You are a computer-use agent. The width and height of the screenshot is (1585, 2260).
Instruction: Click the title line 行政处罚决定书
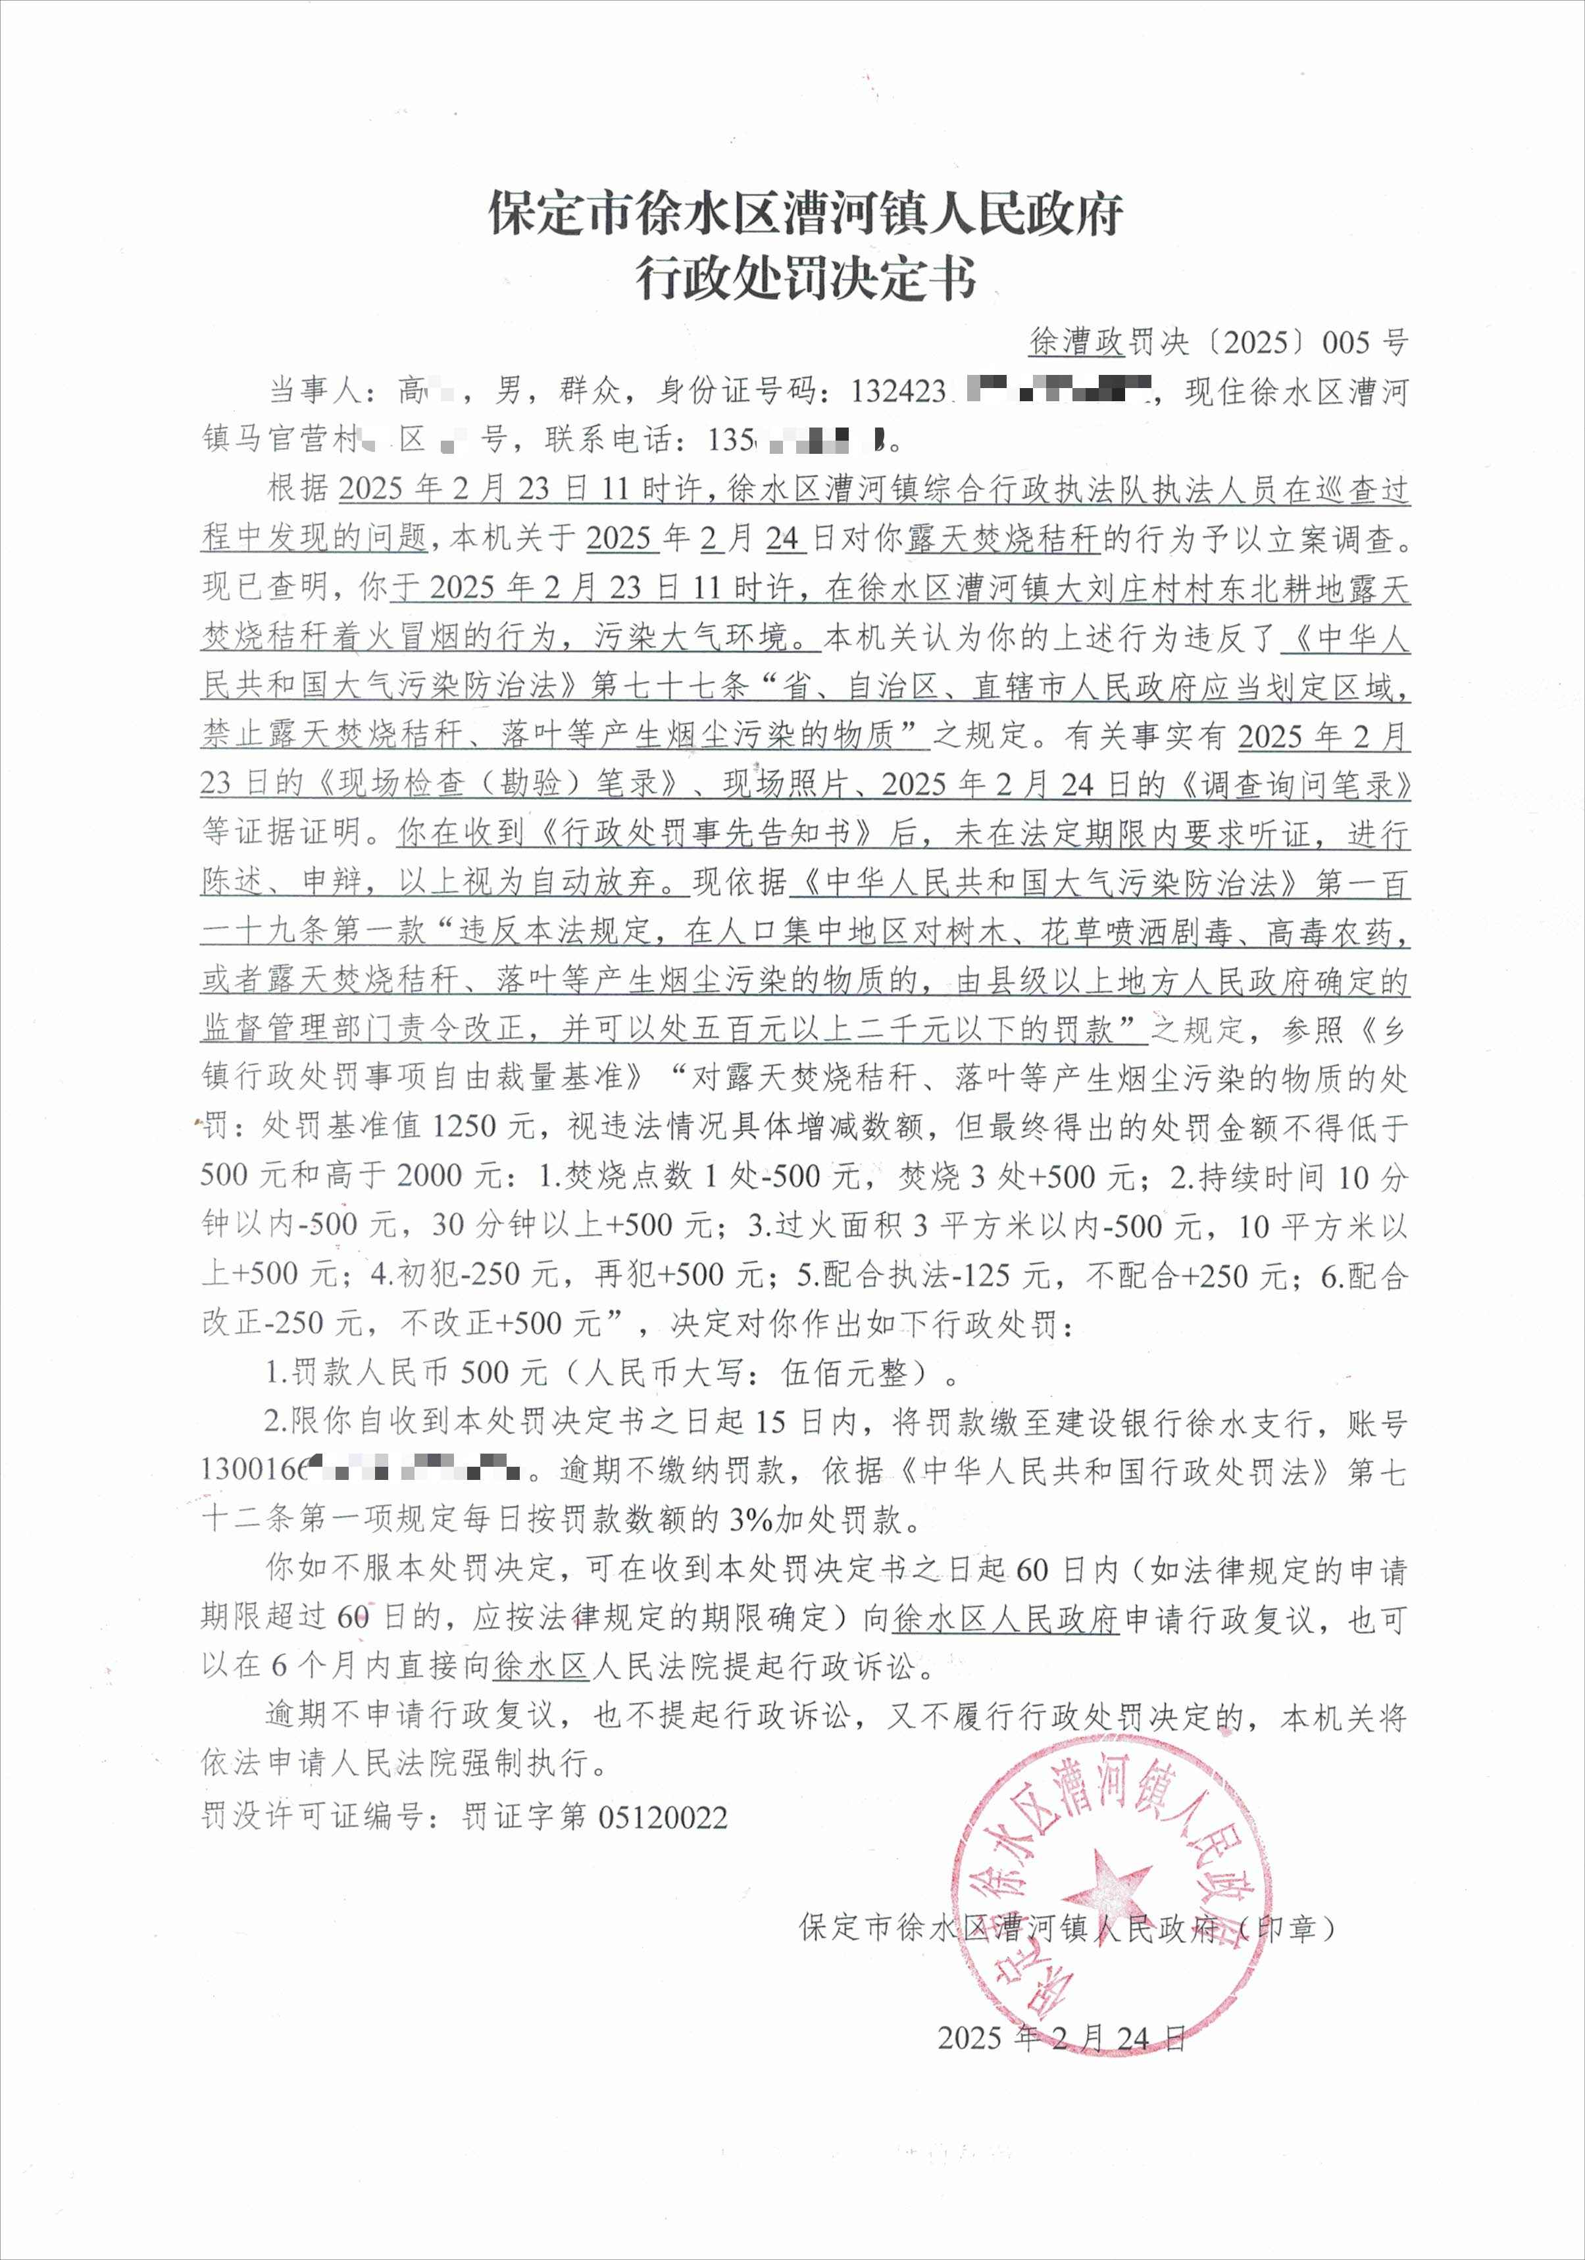805,279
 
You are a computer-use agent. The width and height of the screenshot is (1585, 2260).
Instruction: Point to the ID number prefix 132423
898,392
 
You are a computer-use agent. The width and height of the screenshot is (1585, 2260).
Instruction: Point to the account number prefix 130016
254,1471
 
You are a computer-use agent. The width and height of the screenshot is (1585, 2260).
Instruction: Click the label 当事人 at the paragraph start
315,392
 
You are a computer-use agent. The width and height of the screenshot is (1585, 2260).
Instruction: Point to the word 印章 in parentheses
1287,1928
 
